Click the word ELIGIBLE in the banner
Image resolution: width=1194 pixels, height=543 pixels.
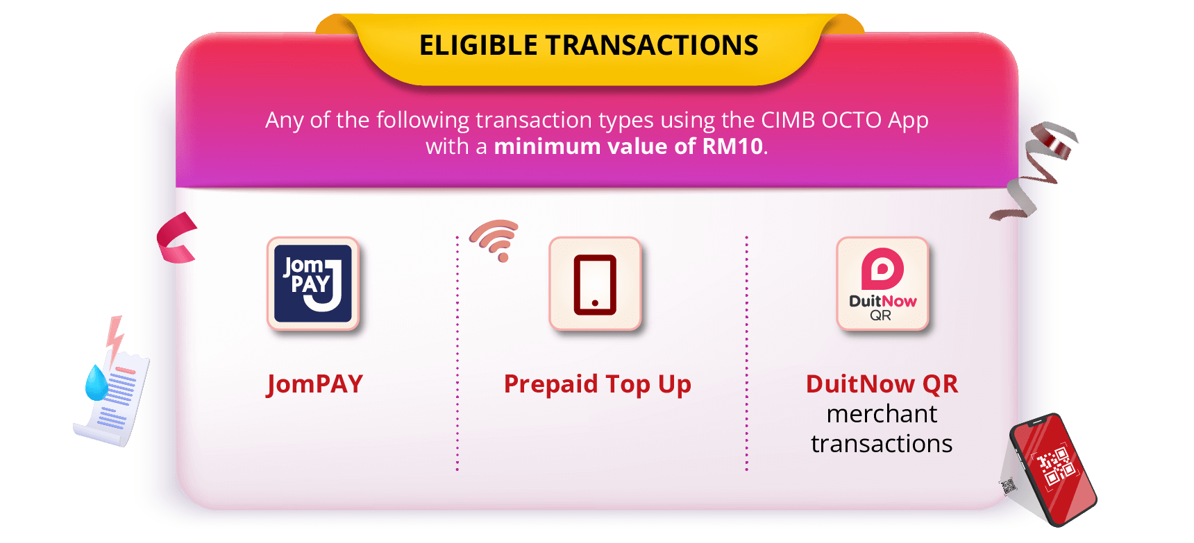(478, 45)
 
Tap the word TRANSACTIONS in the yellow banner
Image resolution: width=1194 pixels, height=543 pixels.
(652, 45)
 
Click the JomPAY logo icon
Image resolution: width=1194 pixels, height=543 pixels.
(313, 284)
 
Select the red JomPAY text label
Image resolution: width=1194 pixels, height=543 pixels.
(315, 384)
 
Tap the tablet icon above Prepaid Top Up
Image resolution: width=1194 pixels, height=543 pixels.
(595, 284)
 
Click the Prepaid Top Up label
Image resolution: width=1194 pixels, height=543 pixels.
(598, 384)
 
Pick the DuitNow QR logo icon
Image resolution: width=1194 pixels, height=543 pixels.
(882, 284)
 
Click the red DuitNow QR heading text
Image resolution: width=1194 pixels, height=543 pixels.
(882, 383)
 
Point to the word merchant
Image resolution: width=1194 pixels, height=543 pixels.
(882, 414)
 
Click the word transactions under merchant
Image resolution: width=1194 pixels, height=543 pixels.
(882, 444)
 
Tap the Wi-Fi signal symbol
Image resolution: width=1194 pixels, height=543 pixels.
(496, 240)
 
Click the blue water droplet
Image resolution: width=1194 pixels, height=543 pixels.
(96, 383)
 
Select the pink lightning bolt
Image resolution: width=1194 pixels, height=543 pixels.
(115, 340)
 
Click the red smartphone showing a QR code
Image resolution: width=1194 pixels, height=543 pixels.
(1052, 469)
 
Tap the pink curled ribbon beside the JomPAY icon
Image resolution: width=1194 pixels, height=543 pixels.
(176, 238)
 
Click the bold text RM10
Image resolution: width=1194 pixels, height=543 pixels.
(732, 146)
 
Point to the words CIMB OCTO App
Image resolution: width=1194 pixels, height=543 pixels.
(845, 120)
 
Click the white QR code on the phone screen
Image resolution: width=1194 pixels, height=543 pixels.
(1055, 465)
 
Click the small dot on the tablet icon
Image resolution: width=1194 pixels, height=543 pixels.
(595, 303)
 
